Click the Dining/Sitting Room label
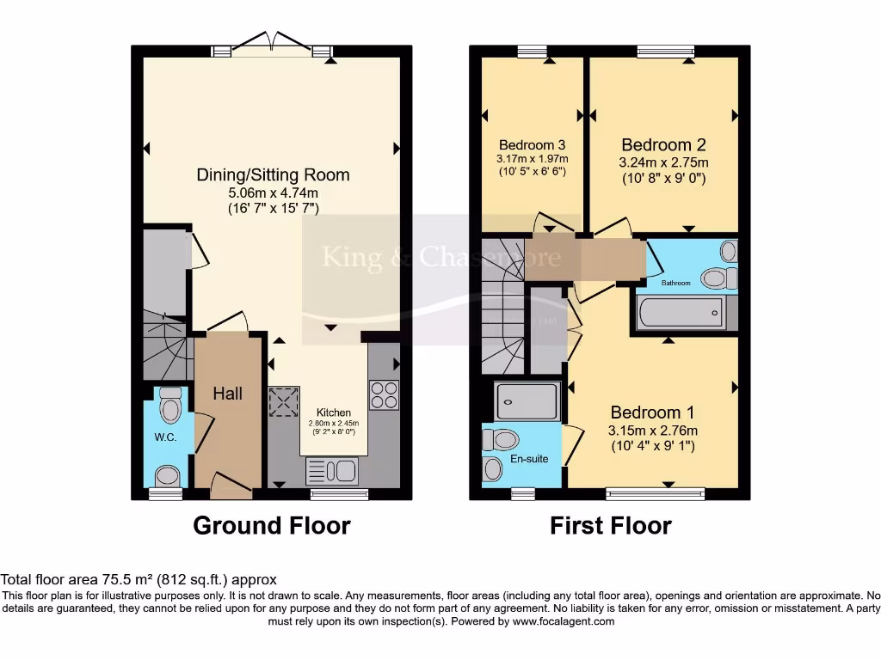pos(274,174)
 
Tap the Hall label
pos(228,394)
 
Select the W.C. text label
pos(166,437)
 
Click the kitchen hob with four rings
pos(383,394)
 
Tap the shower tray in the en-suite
pos(527,400)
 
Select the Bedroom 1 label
pos(652,412)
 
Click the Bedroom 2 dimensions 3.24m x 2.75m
pos(663,162)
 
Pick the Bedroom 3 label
pos(532,144)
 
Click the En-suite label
pos(530,459)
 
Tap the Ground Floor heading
pos(271,525)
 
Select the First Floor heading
pos(611,525)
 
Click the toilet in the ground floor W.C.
pos(171,404)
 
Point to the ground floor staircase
pos(163,344)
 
